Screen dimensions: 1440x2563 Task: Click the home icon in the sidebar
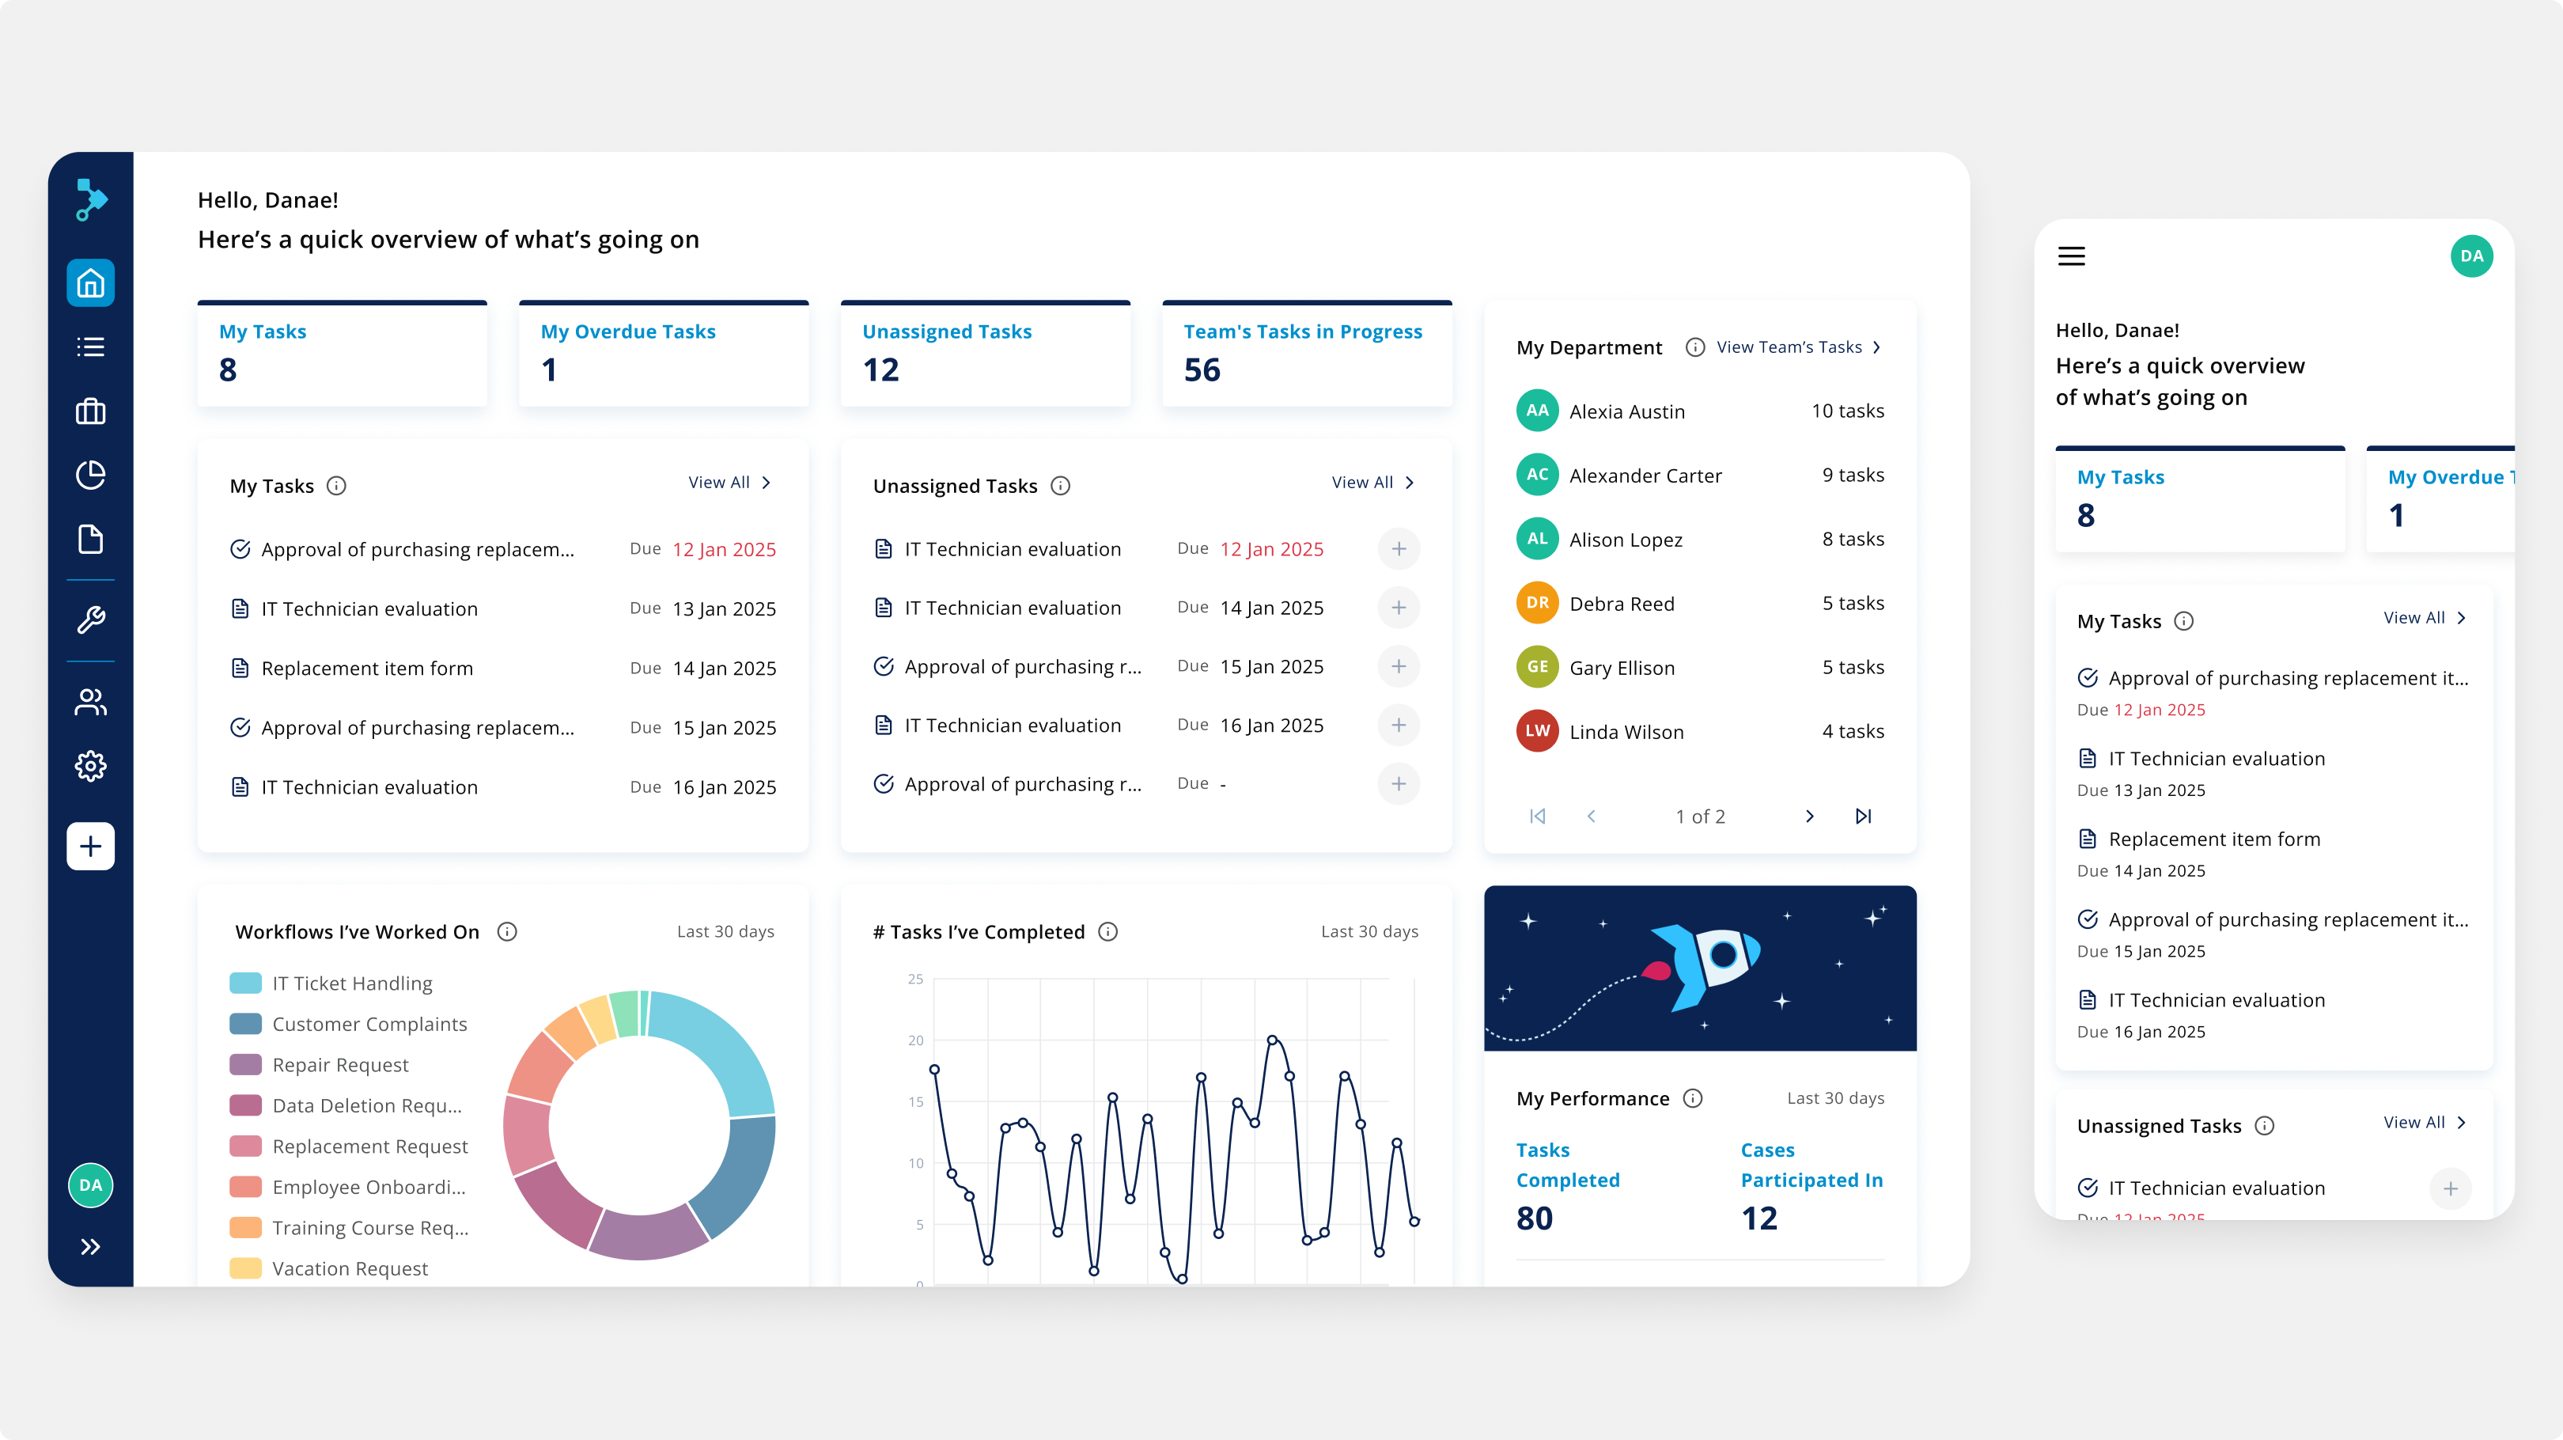(90, 283)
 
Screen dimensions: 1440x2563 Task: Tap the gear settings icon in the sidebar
(90, 765)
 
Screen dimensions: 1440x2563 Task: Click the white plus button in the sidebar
(90, 846)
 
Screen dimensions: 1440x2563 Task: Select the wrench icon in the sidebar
(90, 620)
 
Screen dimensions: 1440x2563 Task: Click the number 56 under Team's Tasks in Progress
(1202, 370)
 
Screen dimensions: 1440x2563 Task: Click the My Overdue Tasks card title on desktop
(628, 332)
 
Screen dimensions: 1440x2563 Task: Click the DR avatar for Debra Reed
(1537, 603)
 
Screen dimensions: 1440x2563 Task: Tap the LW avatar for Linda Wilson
(1537, 731)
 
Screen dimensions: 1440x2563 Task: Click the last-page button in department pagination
(1864, 816)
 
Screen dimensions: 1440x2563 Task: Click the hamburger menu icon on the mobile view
(2072, 257)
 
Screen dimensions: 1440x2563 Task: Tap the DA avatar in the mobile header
(2471, 257)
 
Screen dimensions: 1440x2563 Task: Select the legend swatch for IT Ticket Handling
(246, 983)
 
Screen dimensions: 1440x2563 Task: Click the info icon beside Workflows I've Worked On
(507, 931)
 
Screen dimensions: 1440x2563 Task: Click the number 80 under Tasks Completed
(1534, 1218)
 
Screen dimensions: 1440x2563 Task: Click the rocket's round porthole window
(1723, 955)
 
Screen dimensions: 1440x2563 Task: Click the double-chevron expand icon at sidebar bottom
(90, 1247)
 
